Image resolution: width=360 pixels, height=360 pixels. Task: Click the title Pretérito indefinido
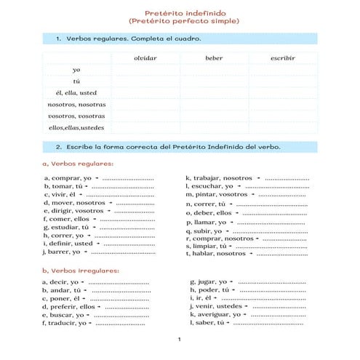[x=180, y=13]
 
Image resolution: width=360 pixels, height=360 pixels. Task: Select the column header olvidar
[x=145, y=57]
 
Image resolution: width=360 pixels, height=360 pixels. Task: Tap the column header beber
[x=214, y=57]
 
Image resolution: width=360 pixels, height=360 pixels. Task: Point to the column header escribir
[x=282, y=57]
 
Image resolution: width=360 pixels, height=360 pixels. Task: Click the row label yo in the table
[x=76, y=69]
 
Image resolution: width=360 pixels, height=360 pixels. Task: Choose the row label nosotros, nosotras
[x=76, y=104]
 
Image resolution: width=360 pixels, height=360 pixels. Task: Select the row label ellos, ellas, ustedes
[x=76, y=127]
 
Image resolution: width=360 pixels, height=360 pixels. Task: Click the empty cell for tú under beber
[x=214, y=81]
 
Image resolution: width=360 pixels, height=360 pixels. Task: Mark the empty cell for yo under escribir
[x=282, y=69]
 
